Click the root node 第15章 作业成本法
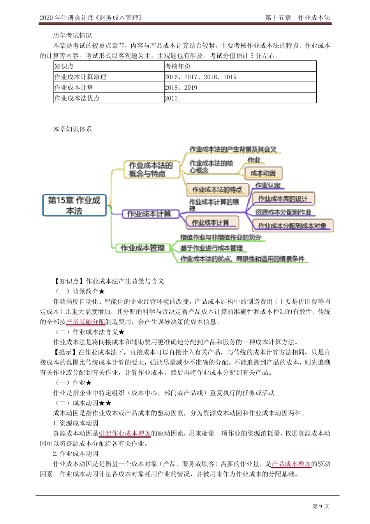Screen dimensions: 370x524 click(74, 205)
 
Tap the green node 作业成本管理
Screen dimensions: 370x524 click(143, 248)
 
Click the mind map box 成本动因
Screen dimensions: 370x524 click(263, 173)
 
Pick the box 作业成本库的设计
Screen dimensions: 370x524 click(283, 199)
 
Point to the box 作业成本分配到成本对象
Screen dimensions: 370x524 click(292, 226)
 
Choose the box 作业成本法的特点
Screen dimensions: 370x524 click(217, 190)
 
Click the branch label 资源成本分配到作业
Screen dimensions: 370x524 click(283, 212)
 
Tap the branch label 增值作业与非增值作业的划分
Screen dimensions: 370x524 click(220, 237)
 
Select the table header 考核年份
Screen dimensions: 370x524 click(178, 66)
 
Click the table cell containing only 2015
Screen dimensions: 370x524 click(171, 98)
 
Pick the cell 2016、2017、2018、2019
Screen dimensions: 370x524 click(201, 77)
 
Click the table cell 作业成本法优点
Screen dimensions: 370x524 click(77, 98)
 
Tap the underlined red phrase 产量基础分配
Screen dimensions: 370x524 click(85, 322)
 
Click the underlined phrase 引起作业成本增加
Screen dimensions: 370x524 click(125, 433)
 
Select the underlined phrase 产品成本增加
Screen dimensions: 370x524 click(291, 464)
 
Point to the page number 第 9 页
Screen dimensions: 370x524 click(321, 506)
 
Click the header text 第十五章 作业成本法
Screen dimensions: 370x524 click(298, 18)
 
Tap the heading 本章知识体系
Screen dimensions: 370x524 click(72, 129)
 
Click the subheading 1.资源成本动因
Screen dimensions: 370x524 click(76, 423)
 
